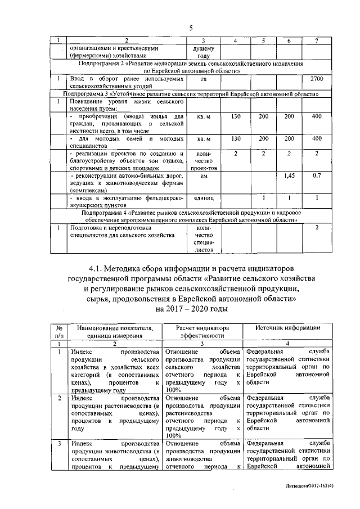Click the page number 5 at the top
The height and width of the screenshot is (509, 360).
pos(190,28)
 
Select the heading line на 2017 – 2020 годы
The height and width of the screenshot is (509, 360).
pos(191,308)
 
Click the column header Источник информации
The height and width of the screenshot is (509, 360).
pos(288,328)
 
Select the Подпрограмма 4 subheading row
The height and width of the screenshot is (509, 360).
pos(191,217)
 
